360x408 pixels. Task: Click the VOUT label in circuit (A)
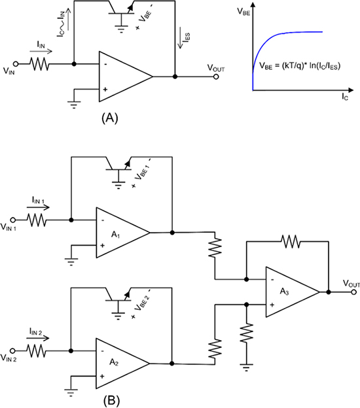coord(220,68)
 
